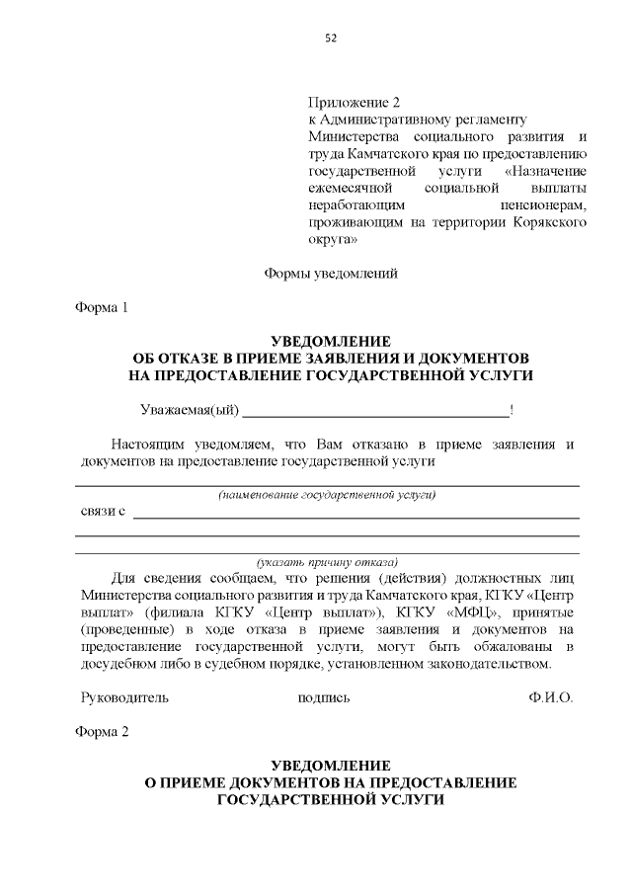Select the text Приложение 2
[x=354, y=103]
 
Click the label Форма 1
[x=103, y=307]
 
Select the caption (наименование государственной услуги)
[x=327, y=494]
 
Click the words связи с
[x=103, y=512]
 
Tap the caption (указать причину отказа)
[x=327, y=560]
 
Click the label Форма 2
[x=103, y=732]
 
